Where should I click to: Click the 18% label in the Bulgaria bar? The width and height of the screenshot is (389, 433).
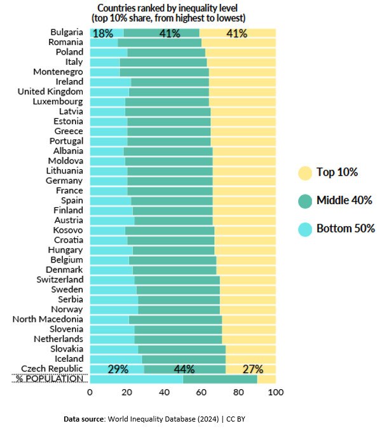(x=103, y=34)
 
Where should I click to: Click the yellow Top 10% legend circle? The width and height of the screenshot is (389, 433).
(x=305, y=172)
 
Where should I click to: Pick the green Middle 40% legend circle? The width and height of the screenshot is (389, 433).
(x=305, y=200)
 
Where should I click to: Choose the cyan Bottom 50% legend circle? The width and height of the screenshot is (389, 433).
(x=305, y=228)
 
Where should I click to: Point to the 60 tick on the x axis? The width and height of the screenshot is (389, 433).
(x=201, y=393)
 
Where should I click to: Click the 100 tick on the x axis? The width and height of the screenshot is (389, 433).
(x=275, y=393)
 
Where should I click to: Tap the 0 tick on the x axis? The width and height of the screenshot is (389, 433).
(x=90, y=393)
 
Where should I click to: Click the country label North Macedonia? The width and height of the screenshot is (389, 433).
(x=48, y=319)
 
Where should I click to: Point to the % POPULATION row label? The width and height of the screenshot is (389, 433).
(x=49, y=379)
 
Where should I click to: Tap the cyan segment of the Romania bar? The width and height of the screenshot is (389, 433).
(x=104, y=43)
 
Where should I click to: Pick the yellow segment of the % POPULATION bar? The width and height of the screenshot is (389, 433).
(x=266, y=379)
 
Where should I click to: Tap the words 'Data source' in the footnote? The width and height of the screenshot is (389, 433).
(x=86, y=420)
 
